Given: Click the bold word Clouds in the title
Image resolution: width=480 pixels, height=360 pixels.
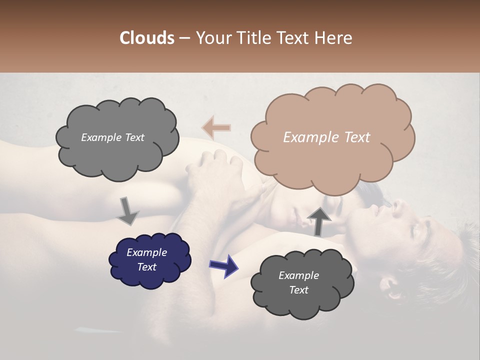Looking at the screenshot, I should pyautogui.click(x=147, y=38).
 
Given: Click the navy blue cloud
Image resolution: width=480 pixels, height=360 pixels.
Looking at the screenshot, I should pyautogui.click(x=149, y=259).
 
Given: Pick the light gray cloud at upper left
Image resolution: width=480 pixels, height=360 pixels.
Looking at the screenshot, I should pyautogui.click(x=117, y=138).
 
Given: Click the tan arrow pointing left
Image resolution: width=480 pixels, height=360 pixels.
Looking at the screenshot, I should pyautogui.click(x=216, y=128).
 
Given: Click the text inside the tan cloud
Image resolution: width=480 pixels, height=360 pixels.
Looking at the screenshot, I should pyautogui.click(x=326, y=137).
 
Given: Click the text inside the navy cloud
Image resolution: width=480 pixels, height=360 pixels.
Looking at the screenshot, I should pyautogui.click(x=146, y=259).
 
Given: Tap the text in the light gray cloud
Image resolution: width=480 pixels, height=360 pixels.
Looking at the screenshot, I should pyautogui.click(x=112, y=137).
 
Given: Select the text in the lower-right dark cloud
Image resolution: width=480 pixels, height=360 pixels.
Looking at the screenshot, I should pyautogui.click(x=298, y=282).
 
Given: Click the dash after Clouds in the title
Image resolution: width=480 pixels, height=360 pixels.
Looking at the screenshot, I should pyautogui.click(x=184, y=38).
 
